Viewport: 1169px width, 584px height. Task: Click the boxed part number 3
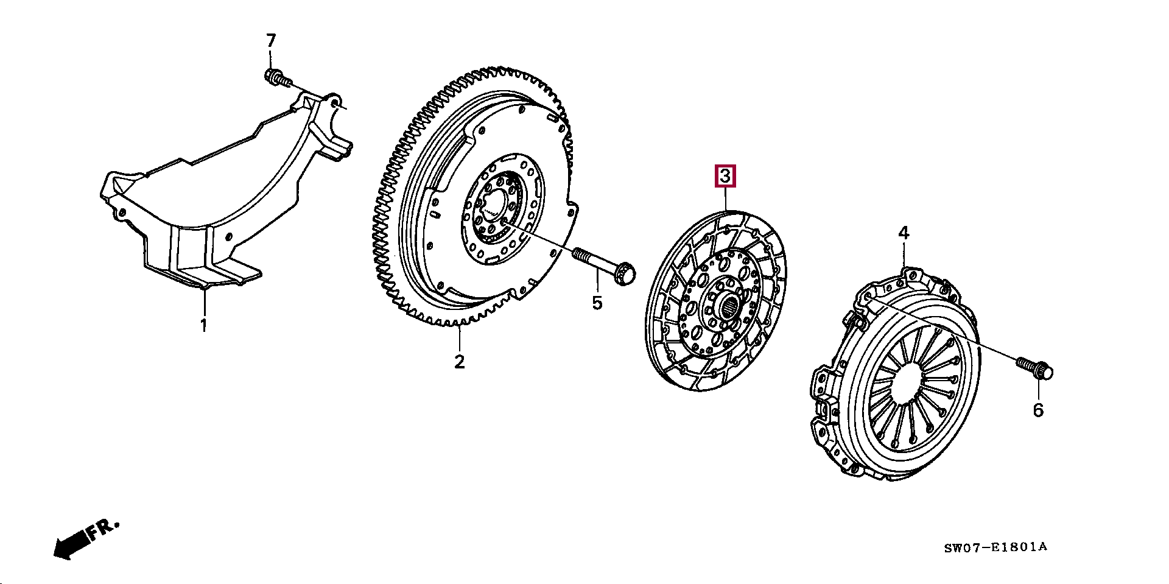pyautogui.click(x=725, y=177)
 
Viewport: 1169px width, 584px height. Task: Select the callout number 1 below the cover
pyautogui.click(x=204, y=325)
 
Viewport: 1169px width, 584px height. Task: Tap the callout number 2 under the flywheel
pyautogui.click(x=459, y=362)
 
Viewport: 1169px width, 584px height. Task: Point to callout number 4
pyautogui.click(x=904, y=233)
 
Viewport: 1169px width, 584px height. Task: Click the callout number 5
pyautogui.click(x=597, y=303)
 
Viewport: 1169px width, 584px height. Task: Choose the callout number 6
pyautogui.click(x=1037, y=410)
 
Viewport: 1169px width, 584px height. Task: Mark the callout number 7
pyautogui.click(x=271, y=41)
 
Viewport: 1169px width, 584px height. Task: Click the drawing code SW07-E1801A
pyautogui.click(x=995, y=547)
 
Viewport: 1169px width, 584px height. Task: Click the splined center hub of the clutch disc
pyautogui.click(x=729, y=307)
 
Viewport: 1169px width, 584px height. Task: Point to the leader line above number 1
pyautogui.click(x=204, y=302)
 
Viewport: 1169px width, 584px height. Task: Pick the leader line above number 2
pyautogui.click(x=460, y=339)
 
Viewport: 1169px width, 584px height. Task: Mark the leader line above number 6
pyautogui.click(x=1037, y=390)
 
